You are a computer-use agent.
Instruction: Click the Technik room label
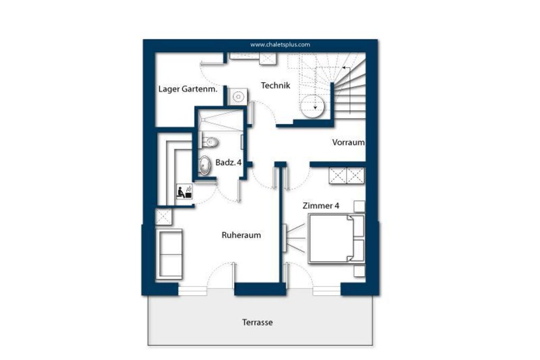[x=275, y=85]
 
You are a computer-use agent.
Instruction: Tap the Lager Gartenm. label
[x=188, y=89]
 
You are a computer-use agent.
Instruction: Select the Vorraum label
[x=348, y=142]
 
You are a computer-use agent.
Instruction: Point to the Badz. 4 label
[x=228, y=162]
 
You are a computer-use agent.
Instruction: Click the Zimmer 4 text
[x=321, y=206]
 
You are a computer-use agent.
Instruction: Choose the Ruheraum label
[x=241, y=235]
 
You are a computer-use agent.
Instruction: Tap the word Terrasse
[x=257, y=323]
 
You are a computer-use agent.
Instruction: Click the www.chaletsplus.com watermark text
[x=280, y=44]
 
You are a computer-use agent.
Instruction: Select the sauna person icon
[x=184, y=191]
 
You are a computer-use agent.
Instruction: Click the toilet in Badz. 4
[x=209, y=141]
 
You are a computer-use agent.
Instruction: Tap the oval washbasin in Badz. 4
[x=205, y=166]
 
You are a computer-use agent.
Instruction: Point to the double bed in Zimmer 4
[x=336, y=238]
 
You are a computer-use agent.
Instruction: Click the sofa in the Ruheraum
[x=169, y=254]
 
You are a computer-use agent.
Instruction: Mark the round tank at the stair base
[x=312, y=106]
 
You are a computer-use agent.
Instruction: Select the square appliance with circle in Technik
[x=238, y=96]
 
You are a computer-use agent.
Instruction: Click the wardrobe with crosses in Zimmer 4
[x=346, y=176]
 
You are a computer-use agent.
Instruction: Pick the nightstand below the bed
[x=359, y=271]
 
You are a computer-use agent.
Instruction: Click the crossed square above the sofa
[x=163, y=217]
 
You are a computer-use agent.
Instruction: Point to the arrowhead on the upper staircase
[x=344, y=68]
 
